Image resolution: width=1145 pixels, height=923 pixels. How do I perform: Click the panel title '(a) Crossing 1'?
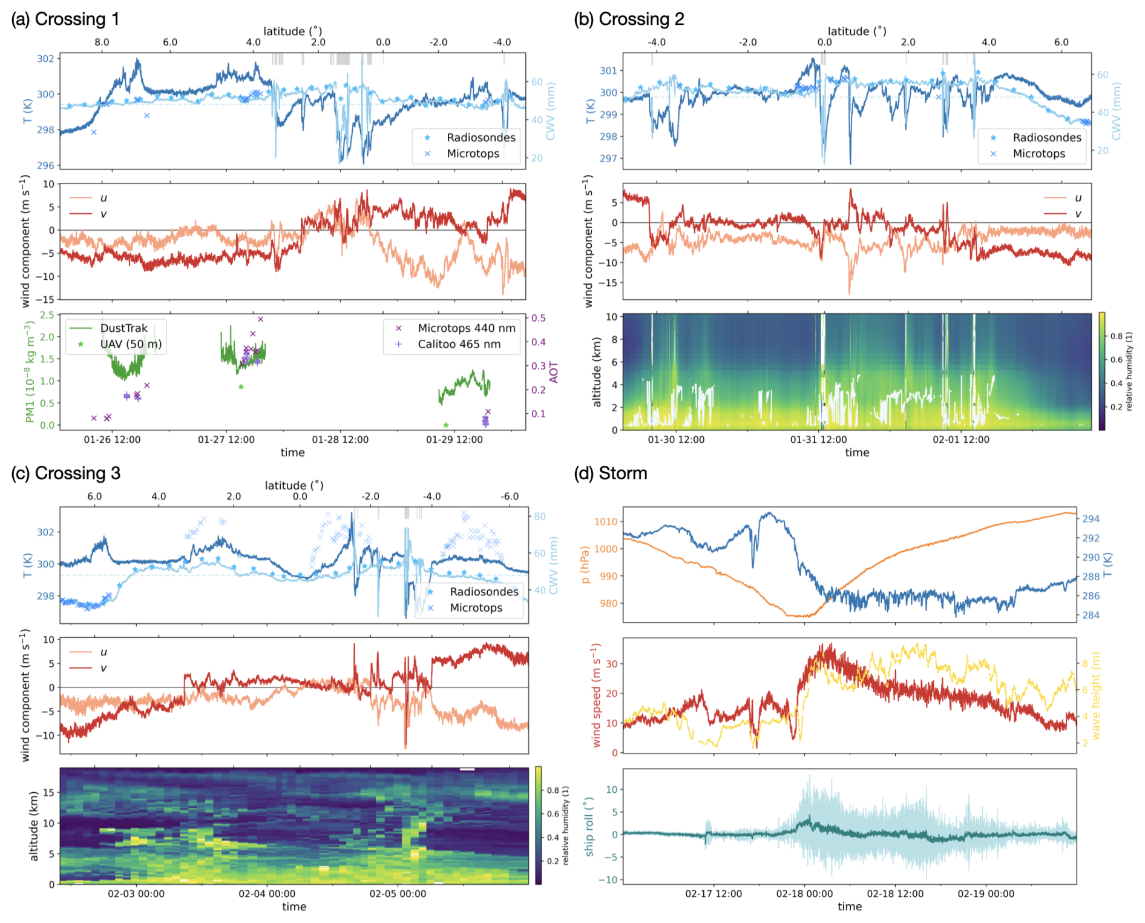coord(65,19)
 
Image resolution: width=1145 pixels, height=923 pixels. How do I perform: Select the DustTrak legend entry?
coord(123,328)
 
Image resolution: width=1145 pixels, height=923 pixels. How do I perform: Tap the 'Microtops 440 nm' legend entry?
coord(466,328)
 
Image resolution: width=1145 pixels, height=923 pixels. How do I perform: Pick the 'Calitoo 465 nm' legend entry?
coord(459,344)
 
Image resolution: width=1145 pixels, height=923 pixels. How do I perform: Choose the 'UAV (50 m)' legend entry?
coord(131,344)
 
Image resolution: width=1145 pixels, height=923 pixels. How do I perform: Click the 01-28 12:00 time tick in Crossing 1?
coord(340,440)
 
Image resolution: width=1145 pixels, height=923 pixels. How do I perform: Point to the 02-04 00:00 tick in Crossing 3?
coord(267,894)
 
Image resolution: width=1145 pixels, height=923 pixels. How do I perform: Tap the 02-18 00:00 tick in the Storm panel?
coord(804,894)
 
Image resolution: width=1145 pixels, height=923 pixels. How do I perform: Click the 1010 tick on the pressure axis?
coord(606,521)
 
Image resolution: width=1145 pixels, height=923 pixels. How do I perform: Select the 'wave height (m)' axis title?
coord(1096,695)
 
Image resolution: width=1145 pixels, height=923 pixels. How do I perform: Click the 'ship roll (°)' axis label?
coord(589,826)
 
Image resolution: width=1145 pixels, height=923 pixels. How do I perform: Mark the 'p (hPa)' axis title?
coord(585,564)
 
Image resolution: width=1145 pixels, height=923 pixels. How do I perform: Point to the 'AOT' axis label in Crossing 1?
coord(553,372)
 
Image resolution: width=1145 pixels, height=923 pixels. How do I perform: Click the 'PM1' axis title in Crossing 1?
coord(29,372)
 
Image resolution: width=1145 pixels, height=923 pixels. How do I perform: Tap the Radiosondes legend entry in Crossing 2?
coord(1046,137)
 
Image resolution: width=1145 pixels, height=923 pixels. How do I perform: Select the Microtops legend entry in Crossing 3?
coord(476,607)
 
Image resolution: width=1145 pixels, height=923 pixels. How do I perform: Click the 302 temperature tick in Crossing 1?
coord(45,59)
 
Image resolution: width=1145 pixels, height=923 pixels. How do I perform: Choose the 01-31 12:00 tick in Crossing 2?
coord(818,440)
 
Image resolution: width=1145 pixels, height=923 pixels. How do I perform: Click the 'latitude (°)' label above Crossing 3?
coord(294,485)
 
